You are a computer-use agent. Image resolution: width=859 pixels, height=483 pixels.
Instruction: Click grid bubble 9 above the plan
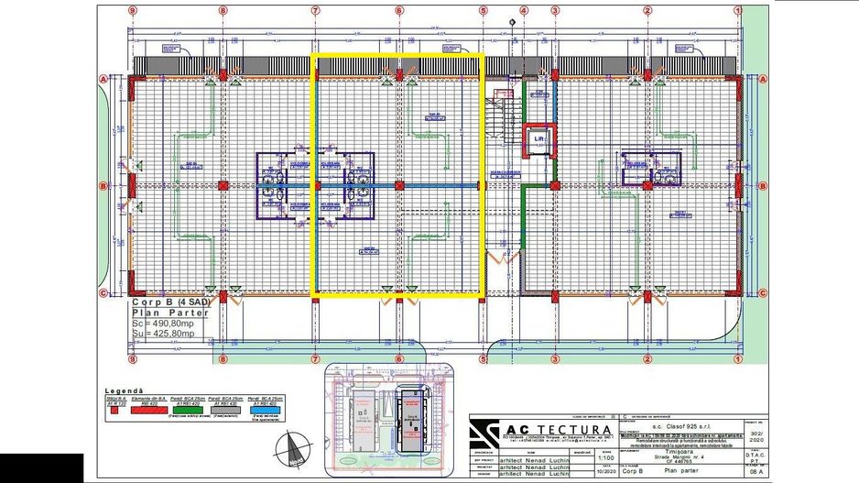coord(133,11)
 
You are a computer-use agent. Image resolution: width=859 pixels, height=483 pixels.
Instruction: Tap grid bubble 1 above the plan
coord(737,11)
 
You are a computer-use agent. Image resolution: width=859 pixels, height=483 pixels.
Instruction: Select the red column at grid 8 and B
coord(223,185)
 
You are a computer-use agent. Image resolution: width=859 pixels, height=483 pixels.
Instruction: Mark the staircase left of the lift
coord(499,119)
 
